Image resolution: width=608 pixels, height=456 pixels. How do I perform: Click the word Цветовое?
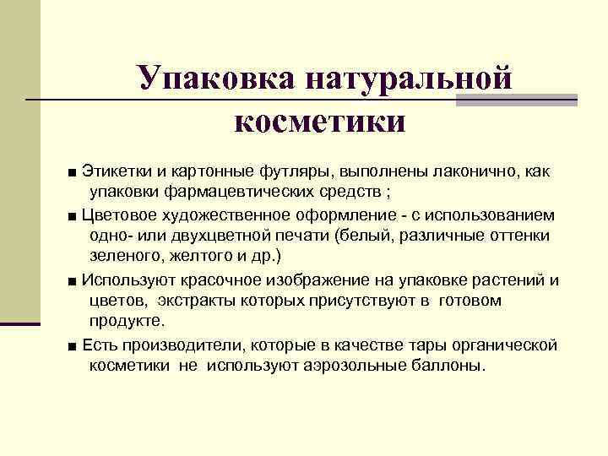pyautogui.click(x=118, y=214)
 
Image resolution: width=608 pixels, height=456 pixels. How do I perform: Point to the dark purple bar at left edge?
pyautogui.click(x=20, y=323)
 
